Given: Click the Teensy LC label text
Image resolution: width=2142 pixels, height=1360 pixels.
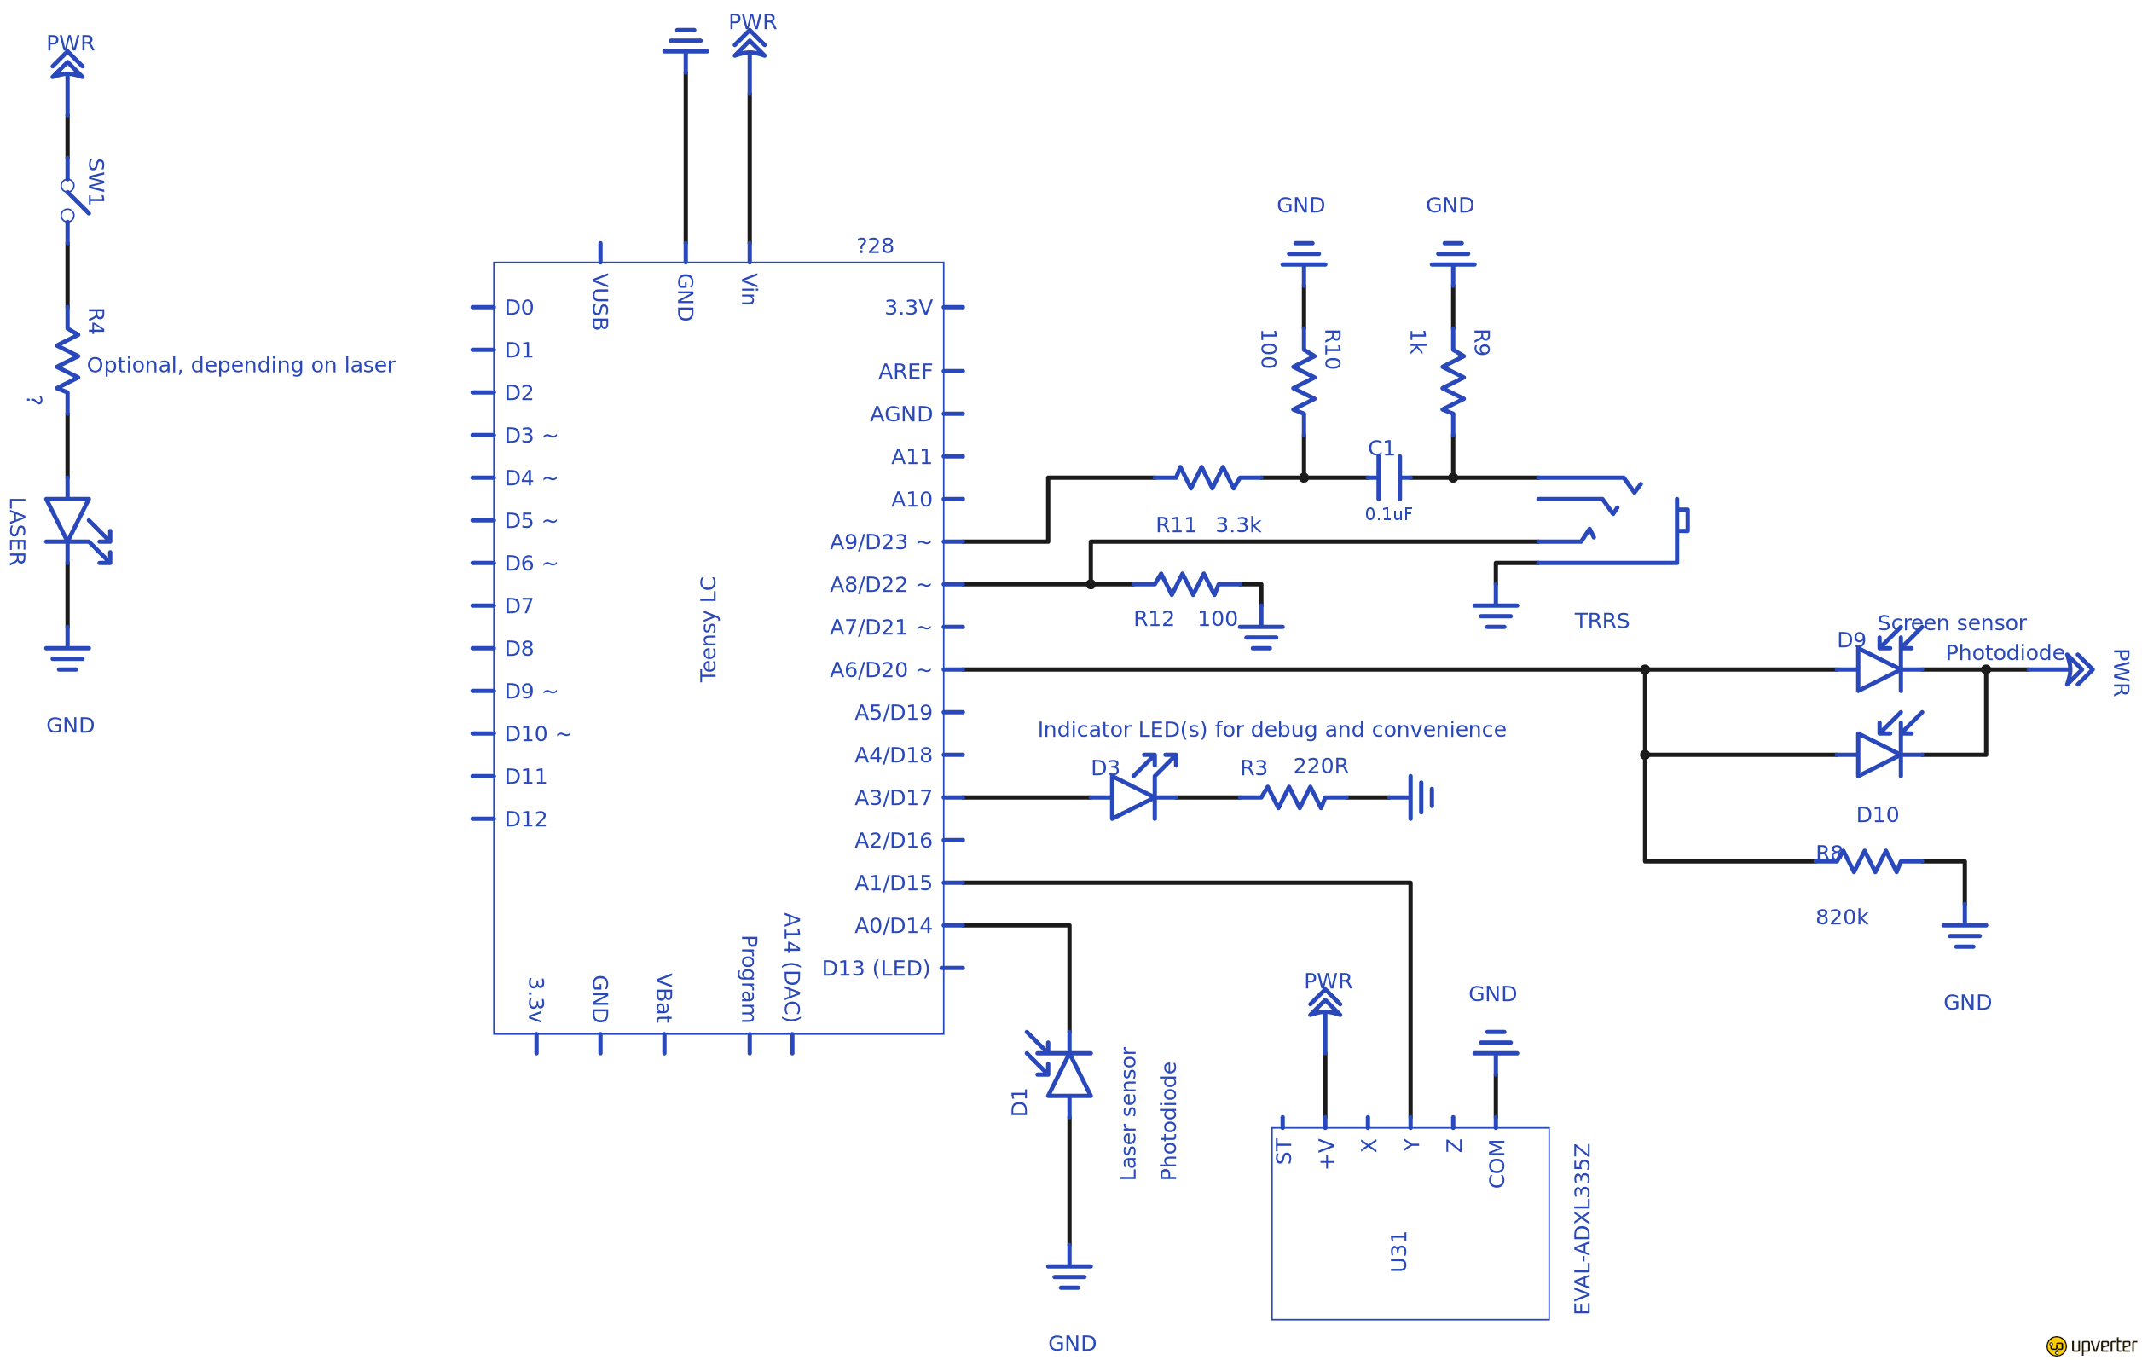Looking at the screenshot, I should [708, 630].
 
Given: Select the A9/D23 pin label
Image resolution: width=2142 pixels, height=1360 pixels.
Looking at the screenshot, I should [880, 541].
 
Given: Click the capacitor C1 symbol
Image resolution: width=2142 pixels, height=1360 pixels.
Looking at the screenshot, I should [1388, 477].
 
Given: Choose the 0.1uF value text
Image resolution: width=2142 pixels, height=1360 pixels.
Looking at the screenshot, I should [1387, 514].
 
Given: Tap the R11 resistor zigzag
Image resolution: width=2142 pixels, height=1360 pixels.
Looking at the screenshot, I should [1207, 477].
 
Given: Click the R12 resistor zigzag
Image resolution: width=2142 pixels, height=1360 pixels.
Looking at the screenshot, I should [1186, 584].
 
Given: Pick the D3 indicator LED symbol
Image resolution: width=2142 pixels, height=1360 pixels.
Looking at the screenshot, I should [1133, 797].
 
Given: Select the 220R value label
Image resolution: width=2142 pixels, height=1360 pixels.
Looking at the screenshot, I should [1320, 766].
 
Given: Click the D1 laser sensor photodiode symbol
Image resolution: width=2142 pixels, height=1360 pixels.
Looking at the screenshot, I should [1068, 1074].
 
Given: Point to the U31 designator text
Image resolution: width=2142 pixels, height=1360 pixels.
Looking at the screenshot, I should [1398, 1252].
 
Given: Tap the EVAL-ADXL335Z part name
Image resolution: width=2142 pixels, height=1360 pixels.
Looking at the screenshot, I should [1582, 1229].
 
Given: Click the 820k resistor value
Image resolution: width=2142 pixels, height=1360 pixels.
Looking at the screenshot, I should [1841, 917].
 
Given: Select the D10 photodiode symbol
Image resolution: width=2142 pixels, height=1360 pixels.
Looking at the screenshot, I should [1879, 755].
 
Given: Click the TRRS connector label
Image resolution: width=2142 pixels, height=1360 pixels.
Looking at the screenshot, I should [1601, 621].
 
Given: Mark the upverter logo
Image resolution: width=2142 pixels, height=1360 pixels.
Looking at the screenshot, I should [2090, 1345].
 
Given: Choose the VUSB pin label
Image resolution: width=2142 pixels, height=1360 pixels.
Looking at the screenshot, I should [599, 303].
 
